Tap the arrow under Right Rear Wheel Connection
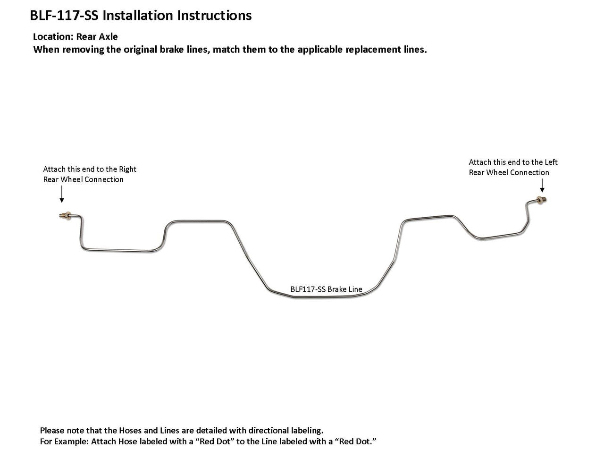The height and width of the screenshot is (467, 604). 61,193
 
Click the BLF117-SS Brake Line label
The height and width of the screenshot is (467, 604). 326,289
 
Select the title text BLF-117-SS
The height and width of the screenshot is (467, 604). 65,16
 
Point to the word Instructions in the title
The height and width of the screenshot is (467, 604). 214,16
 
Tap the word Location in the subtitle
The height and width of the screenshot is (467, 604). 53,37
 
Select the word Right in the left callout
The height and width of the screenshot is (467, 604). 127,169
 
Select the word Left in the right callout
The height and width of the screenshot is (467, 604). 551,162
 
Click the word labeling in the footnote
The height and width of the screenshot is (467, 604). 308,430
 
